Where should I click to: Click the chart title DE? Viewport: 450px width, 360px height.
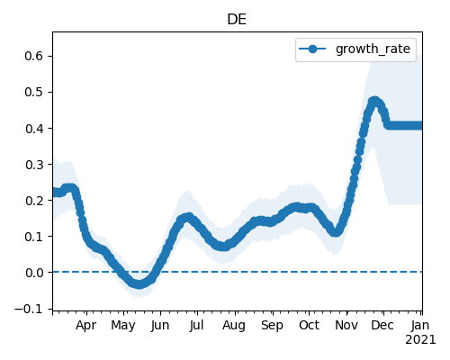pos(237,20)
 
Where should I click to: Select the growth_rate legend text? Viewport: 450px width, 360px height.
pos(373,49)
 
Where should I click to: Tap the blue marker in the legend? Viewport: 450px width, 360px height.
pos(312,49)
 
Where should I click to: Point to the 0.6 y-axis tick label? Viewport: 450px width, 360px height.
pos(34,56)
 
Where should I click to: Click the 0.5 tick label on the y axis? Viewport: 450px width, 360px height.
pos(34,92)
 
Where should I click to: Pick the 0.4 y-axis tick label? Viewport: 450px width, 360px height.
pos(34,129)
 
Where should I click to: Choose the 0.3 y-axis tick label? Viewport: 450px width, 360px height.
pos(34,165)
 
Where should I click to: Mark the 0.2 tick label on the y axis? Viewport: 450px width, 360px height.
pos(34,201)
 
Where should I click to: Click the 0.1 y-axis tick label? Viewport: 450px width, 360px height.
pos(34,237)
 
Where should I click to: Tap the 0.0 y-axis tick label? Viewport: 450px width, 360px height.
pos(34,273)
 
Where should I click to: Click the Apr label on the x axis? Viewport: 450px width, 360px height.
pos(86,325)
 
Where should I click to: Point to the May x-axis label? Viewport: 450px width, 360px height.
pos(123,325)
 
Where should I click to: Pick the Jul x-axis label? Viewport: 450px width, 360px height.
pos(196,325)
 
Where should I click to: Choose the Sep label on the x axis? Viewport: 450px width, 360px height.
pos(272,325)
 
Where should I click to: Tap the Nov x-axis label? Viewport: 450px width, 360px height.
pos(346,325)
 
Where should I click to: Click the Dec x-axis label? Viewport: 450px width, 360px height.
pos(382,325)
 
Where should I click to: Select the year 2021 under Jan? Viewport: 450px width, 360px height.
pos(420,340)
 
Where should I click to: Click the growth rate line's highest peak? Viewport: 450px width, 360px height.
pos(374,101)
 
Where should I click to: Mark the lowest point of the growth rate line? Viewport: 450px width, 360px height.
pos(139,284)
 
